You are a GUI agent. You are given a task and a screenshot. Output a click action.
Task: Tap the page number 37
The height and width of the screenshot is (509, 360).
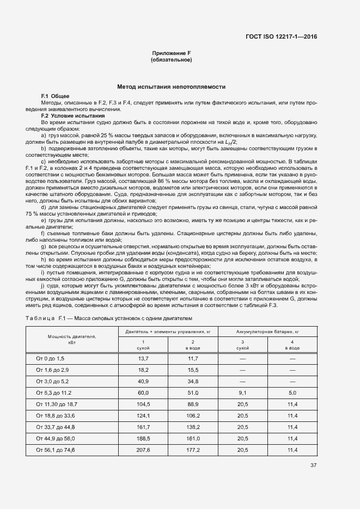click(x=313, y=465)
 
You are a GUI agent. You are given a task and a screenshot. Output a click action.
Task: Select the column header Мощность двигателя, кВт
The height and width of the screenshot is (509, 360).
click(x=72, y=340)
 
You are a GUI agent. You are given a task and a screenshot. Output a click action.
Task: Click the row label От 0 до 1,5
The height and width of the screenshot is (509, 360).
click(x=50, y=358)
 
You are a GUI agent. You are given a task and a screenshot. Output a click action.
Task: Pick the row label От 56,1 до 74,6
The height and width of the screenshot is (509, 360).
click(x=55, y=450)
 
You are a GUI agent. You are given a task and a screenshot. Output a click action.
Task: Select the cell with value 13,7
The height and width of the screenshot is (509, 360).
click(x=143, y=358)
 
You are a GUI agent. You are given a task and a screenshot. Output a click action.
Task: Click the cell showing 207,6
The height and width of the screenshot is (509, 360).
click(x=143, y=450)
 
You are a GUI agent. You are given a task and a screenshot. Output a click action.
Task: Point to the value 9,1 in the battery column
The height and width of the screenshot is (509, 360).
click(x=242, y=392)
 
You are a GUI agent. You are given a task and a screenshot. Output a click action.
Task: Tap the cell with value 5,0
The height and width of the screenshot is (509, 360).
click(x=292, y=392)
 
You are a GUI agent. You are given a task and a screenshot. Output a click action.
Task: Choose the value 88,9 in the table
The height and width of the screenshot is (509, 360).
click(x=193, y=405)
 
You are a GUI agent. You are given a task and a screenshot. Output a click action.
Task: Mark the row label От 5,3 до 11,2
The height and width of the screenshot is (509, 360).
click(x=53, y=392)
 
